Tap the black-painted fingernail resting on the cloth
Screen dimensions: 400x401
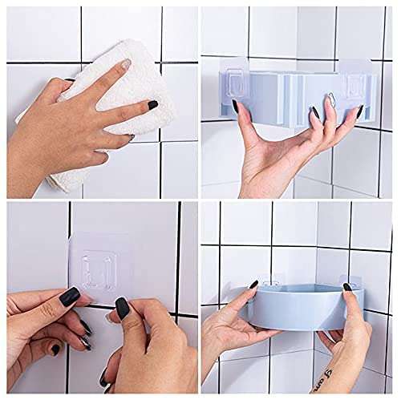[152, 104]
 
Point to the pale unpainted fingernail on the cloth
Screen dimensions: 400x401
[125, 64]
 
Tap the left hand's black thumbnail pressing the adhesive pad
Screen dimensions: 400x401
[71, 297]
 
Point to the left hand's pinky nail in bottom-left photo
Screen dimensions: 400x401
[55, 349]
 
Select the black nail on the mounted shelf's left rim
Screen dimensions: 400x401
[253, 285]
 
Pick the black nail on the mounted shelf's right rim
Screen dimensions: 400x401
[348, 286]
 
